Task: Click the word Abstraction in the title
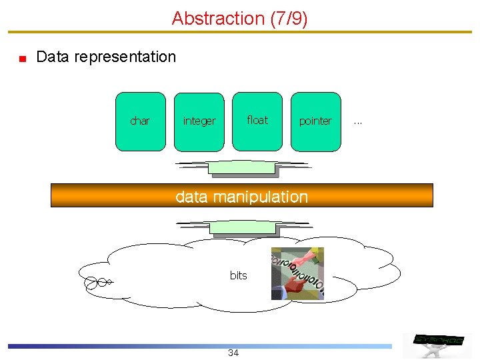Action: tap(218, 19)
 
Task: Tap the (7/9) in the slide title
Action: tap(289, 19)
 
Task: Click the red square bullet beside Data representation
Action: tap(22, 59)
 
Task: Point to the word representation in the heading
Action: tap(125, 57)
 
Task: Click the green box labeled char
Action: tap(140, 121)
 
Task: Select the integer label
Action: tap(199, 121)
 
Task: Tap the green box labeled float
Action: tap(257, 121)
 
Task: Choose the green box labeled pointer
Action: tap(315, 121)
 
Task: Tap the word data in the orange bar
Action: tap(191, 197)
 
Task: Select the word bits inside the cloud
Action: tap(238, 275)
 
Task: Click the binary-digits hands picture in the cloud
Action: tap(297, 273)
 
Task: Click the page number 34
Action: tap(233, 353)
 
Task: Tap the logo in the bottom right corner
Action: tap(438, 340)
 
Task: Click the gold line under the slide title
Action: tap(240, 31)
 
